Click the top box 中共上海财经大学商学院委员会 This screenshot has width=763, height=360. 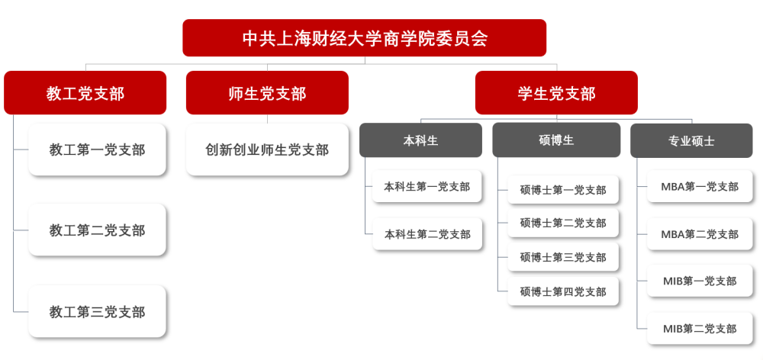pyautogui.click(x=365, y=38)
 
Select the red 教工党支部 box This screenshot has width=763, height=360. pyautogui.click(x=85, y=92)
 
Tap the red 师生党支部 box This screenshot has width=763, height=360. pyautogui.click(x=267, y=92)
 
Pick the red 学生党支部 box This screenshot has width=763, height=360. pyautogui.click(x=556, y=92)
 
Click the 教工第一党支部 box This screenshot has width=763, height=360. pyautogui.click(x=97, y=149)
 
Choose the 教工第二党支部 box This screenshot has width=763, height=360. pyautogui.click(x=97, y=230)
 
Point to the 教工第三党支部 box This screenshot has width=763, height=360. pyautogui.click(x=97, y=311)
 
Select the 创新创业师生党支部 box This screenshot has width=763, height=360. pyautogui.click(x=267, y=149)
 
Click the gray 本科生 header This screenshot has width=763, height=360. pyautogui.click(x=421, y=140)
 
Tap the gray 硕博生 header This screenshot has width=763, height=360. pyautogui.click(x=556, y=140)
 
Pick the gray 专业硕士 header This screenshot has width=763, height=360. pyautogui.click(x=691, y=140)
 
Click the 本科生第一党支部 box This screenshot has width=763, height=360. pyautogui.click(x=427, y=186)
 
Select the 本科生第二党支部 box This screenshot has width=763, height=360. pyautogui.click(x=427, y=234)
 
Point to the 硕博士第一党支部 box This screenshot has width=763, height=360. pyautogui.click(x=563, y=190)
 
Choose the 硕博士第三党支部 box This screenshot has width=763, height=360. pyautogui.click(x=563, y=257)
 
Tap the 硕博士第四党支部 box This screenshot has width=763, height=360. pyautogui.click(x=563, y=291)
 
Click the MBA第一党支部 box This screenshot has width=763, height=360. pyautogui.click(x=700, y=186)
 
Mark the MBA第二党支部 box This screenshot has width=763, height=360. pyautogui.click(x=700, y=234)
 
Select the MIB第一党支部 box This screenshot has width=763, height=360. pyautogui.click(x=700, y=281)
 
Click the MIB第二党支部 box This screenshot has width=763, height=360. pyautogui.click(x=700, y=329)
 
